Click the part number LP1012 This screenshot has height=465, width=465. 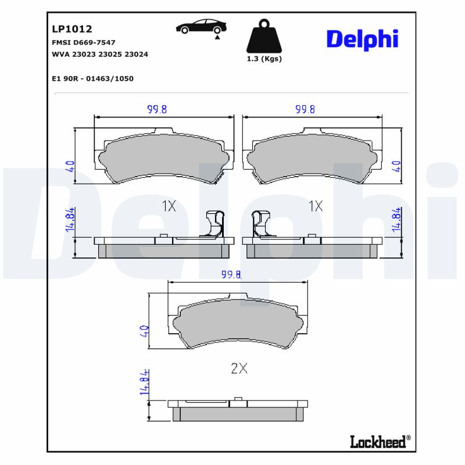click(72, 28)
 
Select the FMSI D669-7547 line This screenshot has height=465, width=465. click(84, 42)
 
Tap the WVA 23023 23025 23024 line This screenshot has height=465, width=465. click(100, 54)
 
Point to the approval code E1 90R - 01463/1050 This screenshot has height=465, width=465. click(92, 78)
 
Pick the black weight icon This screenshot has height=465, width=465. click(264, 37)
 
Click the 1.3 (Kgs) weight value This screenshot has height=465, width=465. click(264, 59)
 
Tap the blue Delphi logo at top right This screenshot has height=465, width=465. click(362, 39)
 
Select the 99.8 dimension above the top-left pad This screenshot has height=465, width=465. click(157, 109)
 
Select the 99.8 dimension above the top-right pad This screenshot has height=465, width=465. click(305, 109)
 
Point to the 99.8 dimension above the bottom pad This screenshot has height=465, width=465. click(231, 275)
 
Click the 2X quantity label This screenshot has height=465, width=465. click(239, 368)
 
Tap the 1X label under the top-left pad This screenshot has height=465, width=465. click(169, 206)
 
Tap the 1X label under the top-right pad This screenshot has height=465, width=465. click(316, 206)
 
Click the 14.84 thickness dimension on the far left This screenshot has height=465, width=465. click(70, 220)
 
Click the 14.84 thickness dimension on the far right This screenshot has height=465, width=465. click(397, 220)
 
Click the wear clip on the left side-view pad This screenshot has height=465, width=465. click(213, 224)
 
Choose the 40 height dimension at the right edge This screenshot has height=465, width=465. click(397, 166)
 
